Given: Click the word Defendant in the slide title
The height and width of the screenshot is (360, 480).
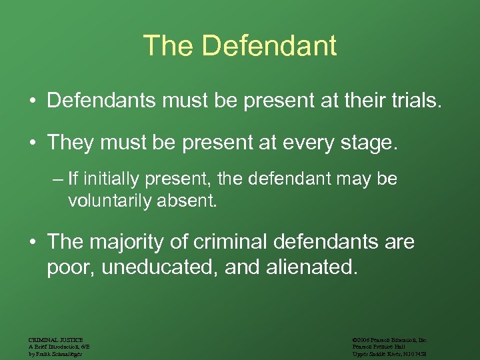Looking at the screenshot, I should point(269,46).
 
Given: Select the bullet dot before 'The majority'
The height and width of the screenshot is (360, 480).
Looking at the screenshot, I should point(31,242).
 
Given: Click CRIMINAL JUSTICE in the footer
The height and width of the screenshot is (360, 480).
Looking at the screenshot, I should point(55,340).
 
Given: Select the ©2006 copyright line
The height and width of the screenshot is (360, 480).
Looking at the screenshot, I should point(390,340).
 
